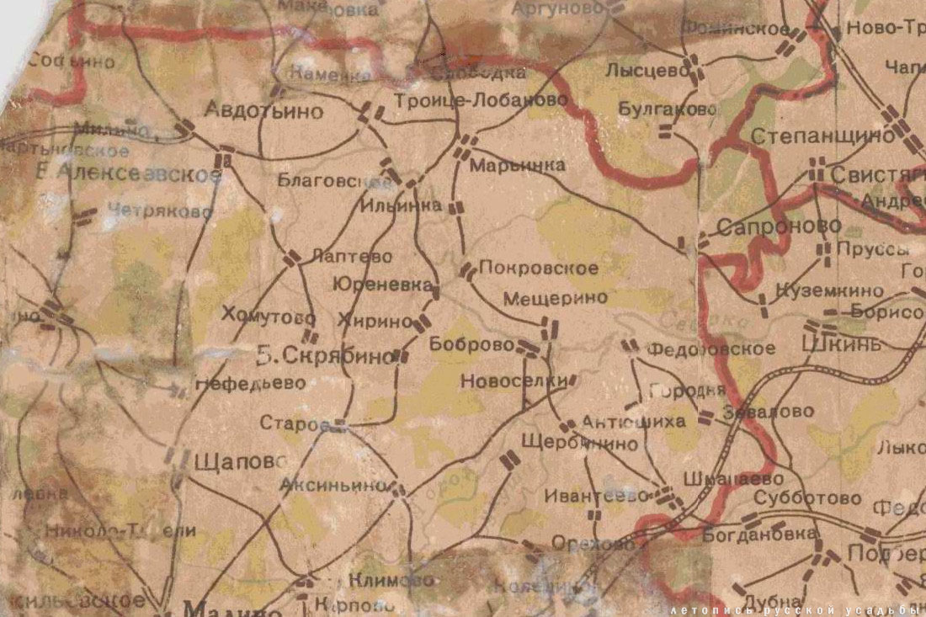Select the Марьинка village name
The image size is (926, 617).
tap(517, 166)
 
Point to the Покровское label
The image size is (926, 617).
tap(539, 269)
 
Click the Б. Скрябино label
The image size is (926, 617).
tap(324, 356)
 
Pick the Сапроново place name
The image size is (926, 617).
tap(779, 226)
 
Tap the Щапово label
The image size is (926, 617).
tap(239, 462)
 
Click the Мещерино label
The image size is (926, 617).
tap(555, 298)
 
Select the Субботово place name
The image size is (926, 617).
tap(807, 498)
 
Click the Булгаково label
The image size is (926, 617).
tap(668, 109)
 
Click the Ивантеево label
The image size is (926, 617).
tap(598, 496)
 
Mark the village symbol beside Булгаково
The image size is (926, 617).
tap(666, 130)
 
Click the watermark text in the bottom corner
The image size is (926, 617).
tap(796, 609)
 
